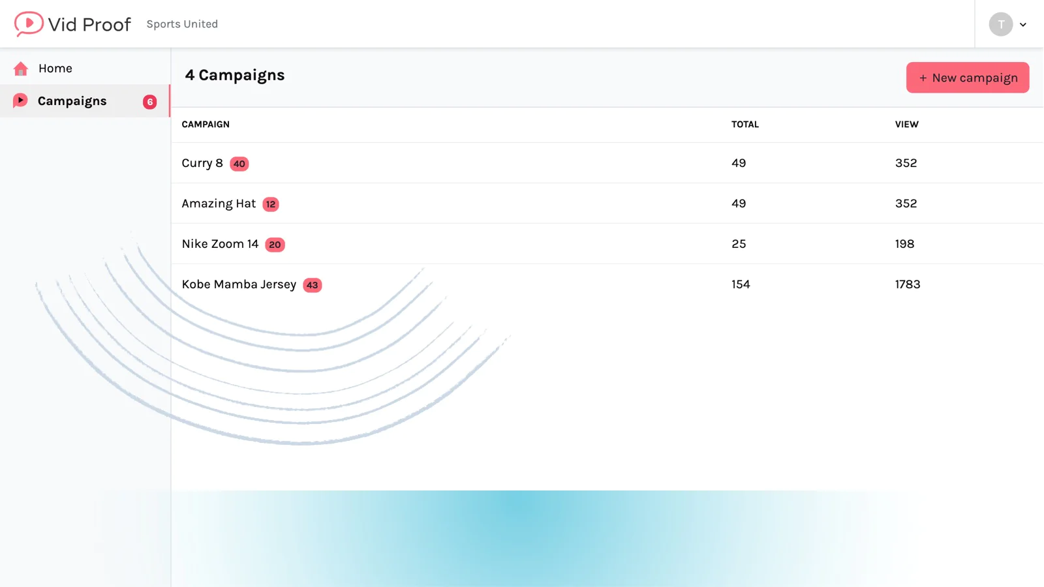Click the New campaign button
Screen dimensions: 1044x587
click(968, 78)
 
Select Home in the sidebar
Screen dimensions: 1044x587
click(55, 68)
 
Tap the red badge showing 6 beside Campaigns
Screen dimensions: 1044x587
click(149, 102)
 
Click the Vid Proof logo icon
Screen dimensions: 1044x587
click(29, 23)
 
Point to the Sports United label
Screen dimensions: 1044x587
click(182, 23)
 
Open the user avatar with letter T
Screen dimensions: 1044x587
click(1001, 24)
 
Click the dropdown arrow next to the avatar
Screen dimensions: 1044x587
click(1023, 25)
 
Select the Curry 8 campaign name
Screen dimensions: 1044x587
click(202, 163)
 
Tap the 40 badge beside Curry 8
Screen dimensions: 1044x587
click(239, 164)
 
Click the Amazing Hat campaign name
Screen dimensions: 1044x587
click(219, 203)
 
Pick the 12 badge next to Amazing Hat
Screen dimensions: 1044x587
click(271, 204)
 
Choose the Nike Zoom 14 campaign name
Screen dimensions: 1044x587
click(220, 244)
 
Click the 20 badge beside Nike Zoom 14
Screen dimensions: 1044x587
click(275, 245)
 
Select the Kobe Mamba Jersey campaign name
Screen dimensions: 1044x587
click(239, 284)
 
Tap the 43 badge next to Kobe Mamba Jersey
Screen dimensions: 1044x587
click(313, 285)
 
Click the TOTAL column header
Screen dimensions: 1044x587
click(745, 125)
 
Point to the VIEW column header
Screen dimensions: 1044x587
click(906, 125)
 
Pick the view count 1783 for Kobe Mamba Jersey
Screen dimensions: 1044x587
click(908, 284)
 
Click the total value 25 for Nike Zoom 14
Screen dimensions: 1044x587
click(739, 244)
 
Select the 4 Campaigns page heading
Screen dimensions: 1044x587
click(234, 75)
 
